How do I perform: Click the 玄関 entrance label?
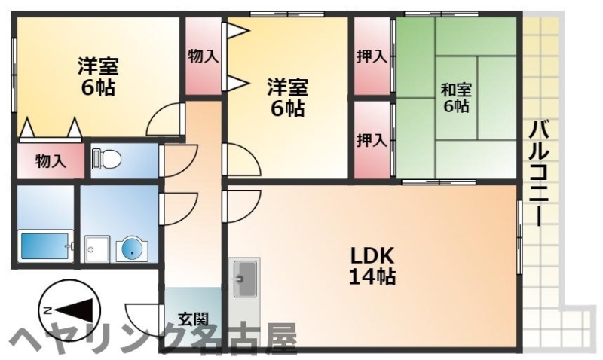pyautogui.click(x=193, y=319)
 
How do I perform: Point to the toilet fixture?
pyautogui.click(x=106, y=159)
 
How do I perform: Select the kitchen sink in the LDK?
pyautogui.click(x=244, y=279)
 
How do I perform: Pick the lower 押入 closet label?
pyautogui.click(x=372, y=140)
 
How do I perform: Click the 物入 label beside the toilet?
pyautogui.click(x=51, y=160)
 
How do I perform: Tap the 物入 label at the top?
pyautogui.click(x=203, y=55)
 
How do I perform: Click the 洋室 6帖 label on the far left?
pyautogui.click(x=96, y=76)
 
